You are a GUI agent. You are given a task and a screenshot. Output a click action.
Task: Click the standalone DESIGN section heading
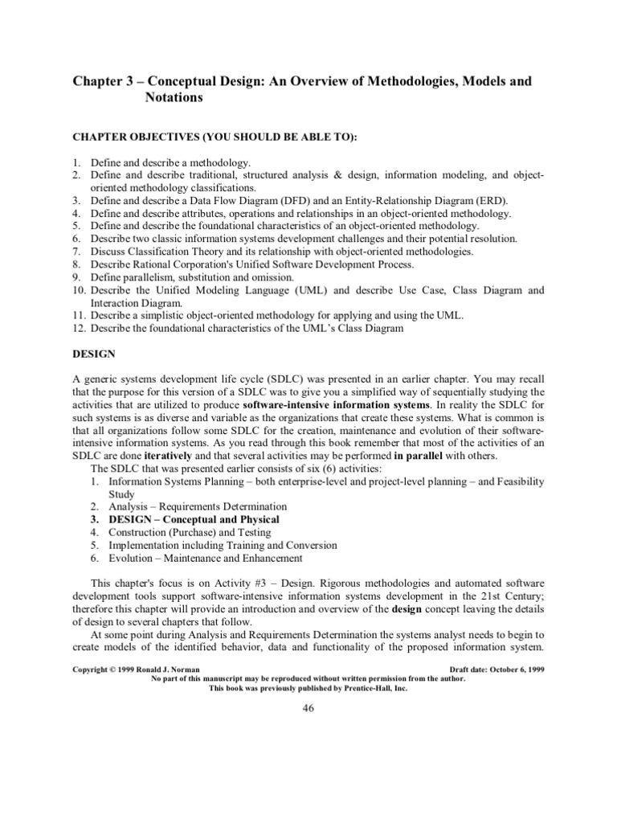(x=96, y=354)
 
